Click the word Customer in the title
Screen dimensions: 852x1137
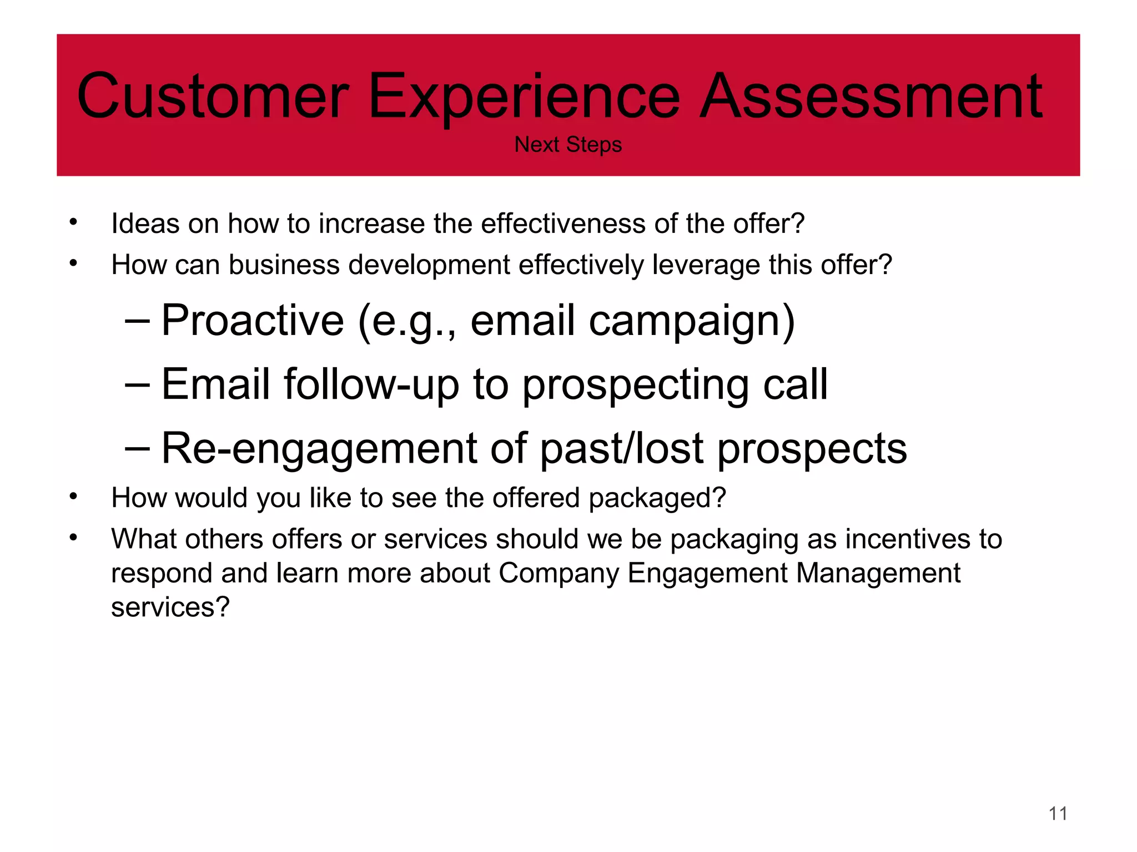coord(213,97)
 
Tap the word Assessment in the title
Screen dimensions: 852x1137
coord(871,97)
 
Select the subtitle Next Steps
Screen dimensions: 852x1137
coord(568,145)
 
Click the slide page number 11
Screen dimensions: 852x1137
coord(1058,813)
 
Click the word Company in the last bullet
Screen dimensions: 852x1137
coord(559,574)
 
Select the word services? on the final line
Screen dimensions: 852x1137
coord(170,607)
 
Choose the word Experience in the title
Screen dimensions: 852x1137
coord(524,97)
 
